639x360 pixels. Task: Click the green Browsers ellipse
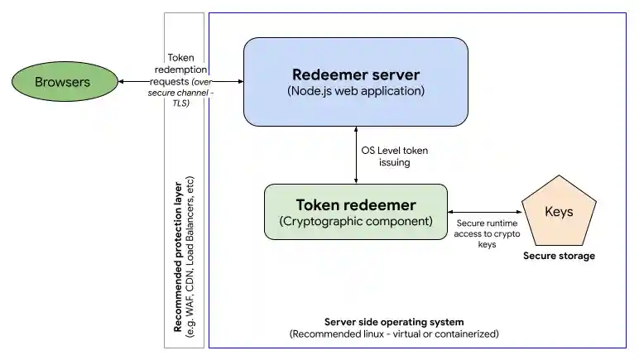click(x=62, y=82)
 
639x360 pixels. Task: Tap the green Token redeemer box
click(x=355, y=213)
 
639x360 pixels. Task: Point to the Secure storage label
click(x=559, y=256)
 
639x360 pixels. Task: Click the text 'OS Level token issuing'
click(x=394, y=156)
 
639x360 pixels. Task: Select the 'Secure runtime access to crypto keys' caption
click(x=488, y=233)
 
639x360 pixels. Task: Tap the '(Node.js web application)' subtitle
click(x=355, y=91)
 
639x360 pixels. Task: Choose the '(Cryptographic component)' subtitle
click(x=355, y=221)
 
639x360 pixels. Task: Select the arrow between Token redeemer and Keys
click(x=483, y=212)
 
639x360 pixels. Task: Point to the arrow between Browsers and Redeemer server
click(x=179, y=82)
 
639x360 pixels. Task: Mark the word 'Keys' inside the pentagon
click(x=559, y=212)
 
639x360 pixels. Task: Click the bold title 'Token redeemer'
click(x=355, y=204)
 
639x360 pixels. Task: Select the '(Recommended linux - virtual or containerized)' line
click(x=393, y=334)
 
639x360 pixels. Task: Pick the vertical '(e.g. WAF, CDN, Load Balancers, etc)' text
click(x=190, y=257)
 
